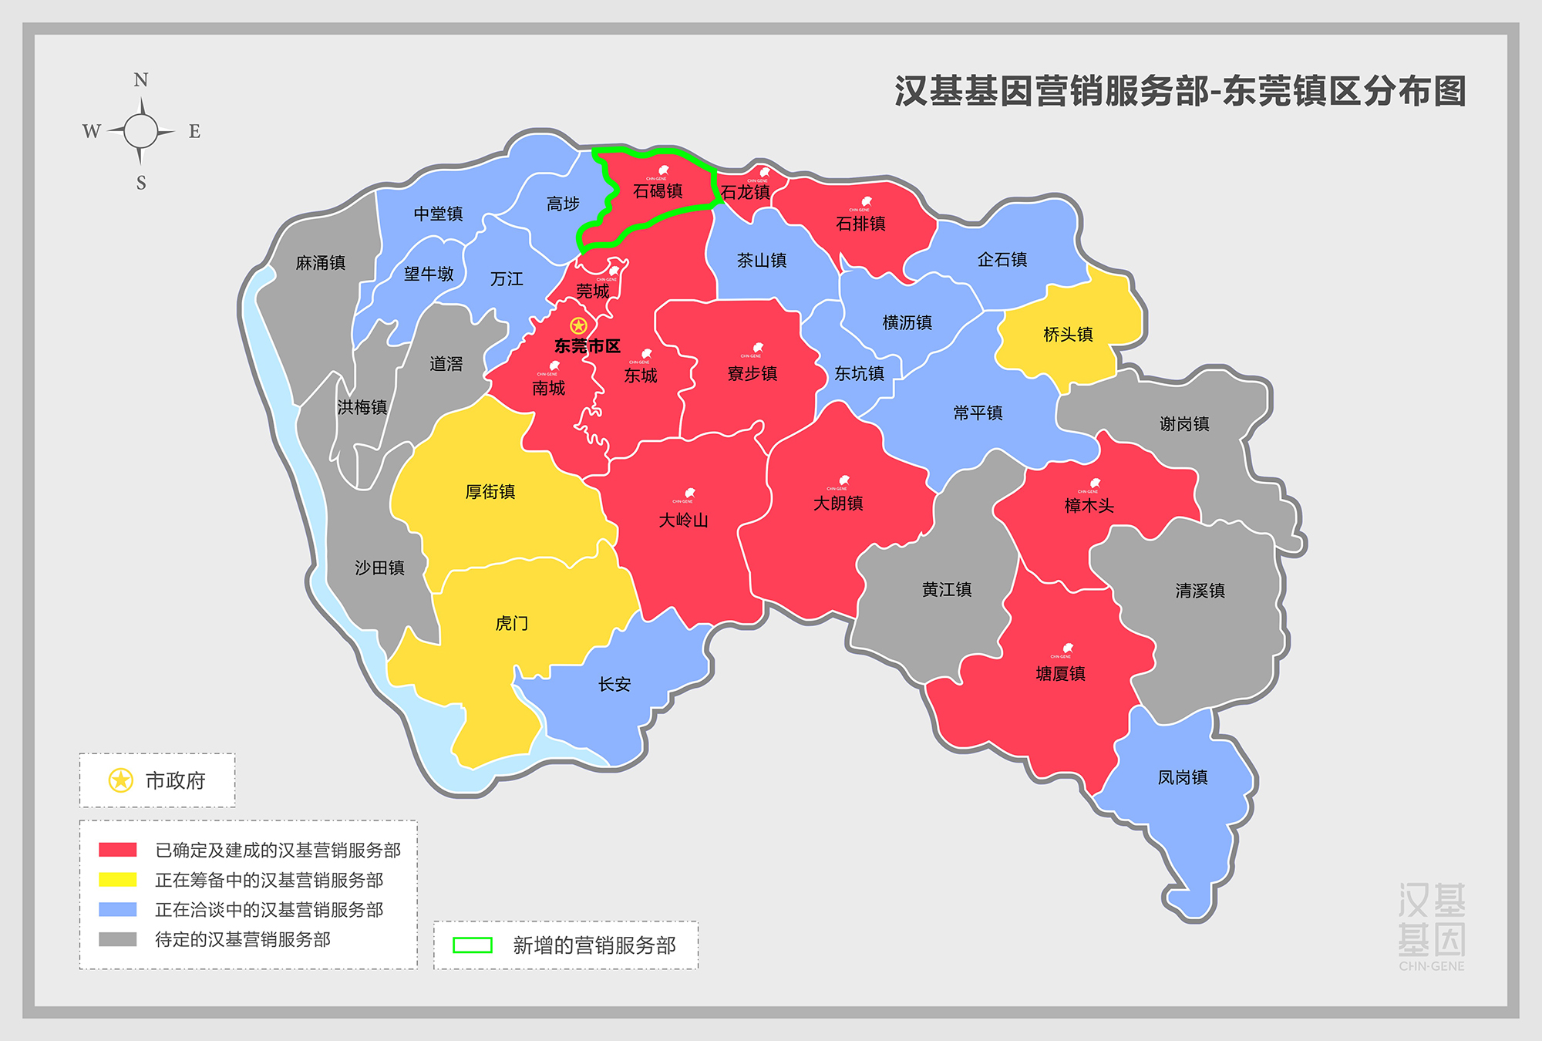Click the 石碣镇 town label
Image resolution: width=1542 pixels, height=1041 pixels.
coord(658,191)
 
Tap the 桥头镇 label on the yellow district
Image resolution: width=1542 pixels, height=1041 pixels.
coord(1068,335)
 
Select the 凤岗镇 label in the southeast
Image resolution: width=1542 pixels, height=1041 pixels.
coord(1183,777)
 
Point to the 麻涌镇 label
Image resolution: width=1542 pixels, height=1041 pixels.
coord(321,263)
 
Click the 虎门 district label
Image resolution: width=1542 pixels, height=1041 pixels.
coord(512,623)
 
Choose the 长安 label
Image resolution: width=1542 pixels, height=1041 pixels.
coord(614,684)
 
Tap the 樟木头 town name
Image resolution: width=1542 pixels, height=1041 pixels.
coord(1089,506)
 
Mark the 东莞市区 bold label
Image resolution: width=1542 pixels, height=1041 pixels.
coord(588,346)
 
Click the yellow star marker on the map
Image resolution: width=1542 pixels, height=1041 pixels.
coord(578,325)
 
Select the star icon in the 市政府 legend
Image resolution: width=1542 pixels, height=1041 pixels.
coord(120,780)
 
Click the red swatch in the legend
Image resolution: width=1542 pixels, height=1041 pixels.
coord(118,850)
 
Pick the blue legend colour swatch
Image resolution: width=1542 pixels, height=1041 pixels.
coord(118,910)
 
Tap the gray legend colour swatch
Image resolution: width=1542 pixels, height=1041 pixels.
coord(118,939)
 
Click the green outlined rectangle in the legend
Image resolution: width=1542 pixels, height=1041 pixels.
coord(473,945)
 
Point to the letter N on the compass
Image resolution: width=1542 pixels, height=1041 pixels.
coord(140,80)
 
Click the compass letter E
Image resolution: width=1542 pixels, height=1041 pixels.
coord(194,132)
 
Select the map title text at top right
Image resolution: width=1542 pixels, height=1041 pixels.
coord(1180,91)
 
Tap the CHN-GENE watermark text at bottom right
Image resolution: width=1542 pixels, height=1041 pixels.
coord(1432,966)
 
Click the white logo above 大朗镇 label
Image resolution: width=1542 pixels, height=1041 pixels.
coord(843,480)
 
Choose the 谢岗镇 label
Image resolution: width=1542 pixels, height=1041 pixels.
coord(1184,424)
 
